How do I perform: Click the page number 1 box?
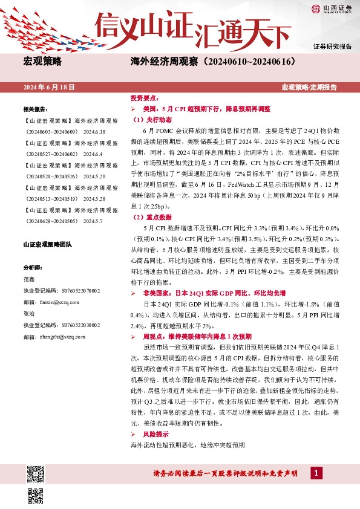[x=315, y=473]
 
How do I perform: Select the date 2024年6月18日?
[x=49, y=88]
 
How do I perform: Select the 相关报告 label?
[x=35, y=109]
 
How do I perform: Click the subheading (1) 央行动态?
[x=152, y=120]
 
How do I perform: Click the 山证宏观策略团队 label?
[x=47, y=245]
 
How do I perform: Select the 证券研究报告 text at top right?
[x=332, y=47]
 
